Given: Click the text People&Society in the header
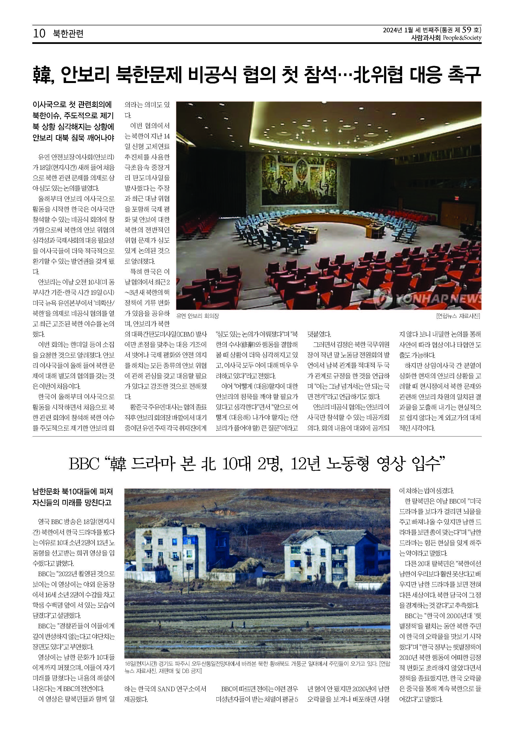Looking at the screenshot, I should tap(462, 38).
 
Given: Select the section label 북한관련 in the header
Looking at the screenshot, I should tap(68, 34).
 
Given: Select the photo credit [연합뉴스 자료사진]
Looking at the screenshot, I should tap(458, 316).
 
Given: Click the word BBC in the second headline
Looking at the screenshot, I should tap(84, 464).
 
